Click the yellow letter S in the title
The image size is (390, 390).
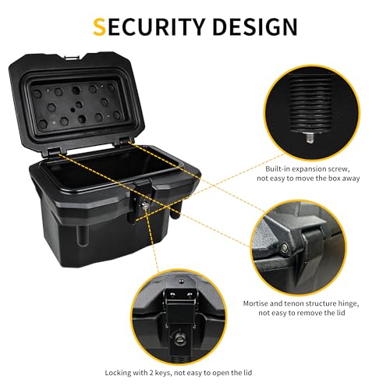click(100, 27)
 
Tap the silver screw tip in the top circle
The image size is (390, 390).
click(309, 137)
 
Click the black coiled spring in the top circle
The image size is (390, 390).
click(310, 104)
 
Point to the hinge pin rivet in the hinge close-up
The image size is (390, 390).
click(285, 247)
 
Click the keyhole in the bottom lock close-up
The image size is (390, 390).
click(179, 339)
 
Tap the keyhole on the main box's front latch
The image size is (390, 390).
click(144, 206)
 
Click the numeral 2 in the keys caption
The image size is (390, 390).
click(151, 373)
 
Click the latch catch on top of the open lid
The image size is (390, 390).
click(72, 57)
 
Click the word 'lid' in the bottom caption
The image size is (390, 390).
click(247, 373)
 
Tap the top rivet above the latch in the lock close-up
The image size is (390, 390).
click(181, 281)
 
